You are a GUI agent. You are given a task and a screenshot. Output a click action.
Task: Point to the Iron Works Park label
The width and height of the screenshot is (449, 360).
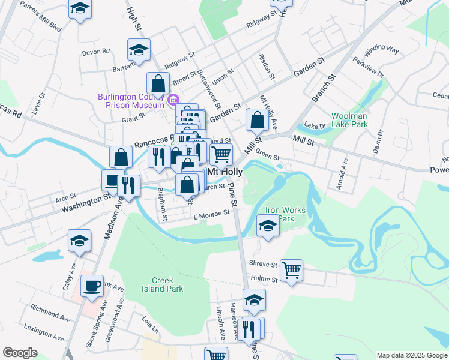point(286,214)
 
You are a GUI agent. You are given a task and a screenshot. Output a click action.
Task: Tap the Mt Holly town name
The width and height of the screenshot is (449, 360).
point(224,172)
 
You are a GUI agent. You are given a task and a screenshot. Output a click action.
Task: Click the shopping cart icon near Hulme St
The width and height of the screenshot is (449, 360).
point(291,270)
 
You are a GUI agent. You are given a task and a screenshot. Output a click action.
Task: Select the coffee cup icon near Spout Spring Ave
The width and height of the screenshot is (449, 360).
point(92,286)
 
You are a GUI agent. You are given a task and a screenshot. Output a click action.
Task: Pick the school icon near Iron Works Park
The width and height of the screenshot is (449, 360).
point(267,226)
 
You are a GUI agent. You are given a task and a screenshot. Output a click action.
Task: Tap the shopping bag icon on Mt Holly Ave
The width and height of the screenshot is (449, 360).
point(257,120)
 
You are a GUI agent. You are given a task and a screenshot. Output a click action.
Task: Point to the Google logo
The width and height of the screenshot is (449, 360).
point(20,353)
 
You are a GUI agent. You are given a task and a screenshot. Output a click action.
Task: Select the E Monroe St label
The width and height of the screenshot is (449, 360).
point(211,213)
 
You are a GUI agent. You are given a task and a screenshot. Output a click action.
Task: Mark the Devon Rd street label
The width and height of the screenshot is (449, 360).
point(96,52)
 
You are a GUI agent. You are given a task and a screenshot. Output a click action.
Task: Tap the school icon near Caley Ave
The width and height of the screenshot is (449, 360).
point(80,241)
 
